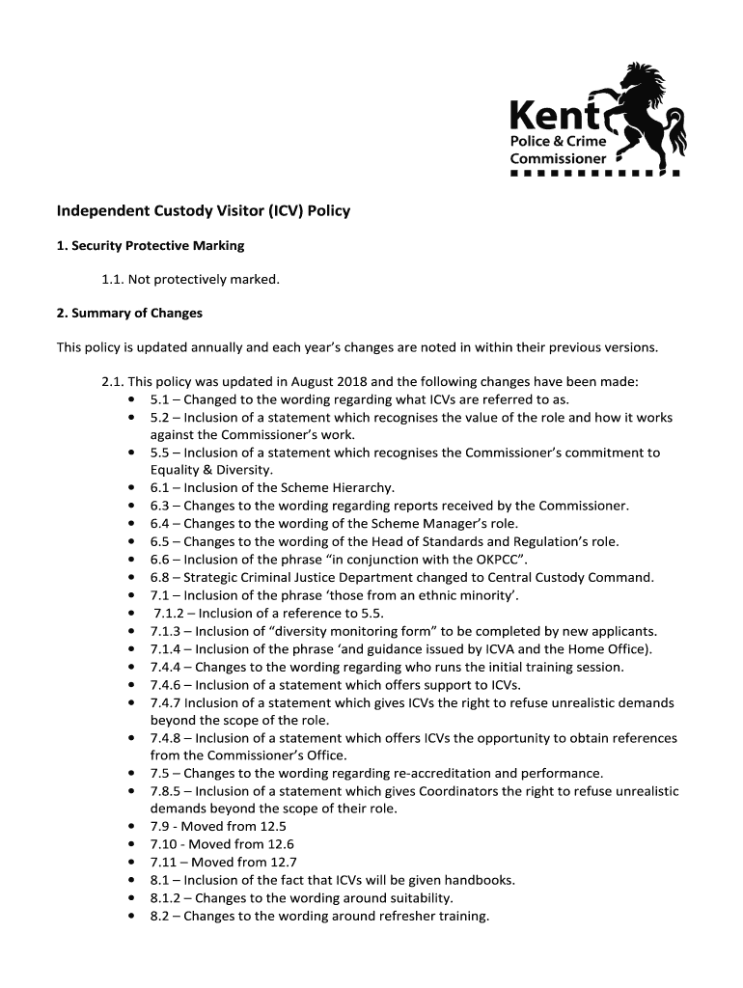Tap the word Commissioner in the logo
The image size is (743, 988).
558,158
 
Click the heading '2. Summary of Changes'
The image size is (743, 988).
129,314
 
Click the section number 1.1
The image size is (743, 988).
113,280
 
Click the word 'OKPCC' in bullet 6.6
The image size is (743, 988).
493,560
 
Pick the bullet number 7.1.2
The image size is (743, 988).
172,614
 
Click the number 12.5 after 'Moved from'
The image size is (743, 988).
269,827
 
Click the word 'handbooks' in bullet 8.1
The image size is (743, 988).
479,880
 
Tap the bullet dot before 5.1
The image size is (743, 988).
130,399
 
